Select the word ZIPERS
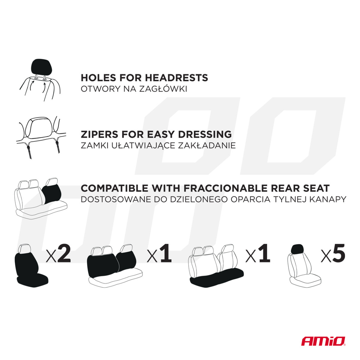pyautogui.click(x=99, y=134)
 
